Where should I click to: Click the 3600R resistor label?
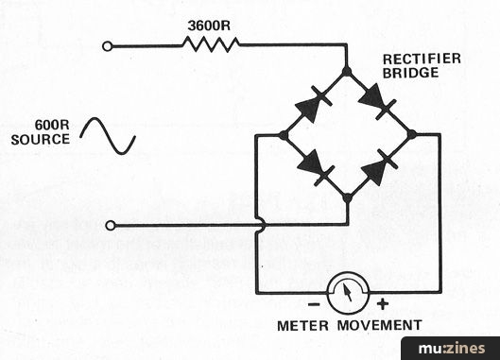pyautogui.click(x=209, y=26)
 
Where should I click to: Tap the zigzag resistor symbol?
pyautogui.click(x=211, y=44)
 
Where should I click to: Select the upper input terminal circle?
pyautogui.click(x=108, y=46)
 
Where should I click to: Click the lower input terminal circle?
pyautogui.click(x=111, y=226)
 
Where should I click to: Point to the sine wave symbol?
pyautogui.click(x=108, y=136)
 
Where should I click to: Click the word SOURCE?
pyautogui.click(x=41, y=140)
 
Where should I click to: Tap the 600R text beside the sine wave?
pyautogui.click(x=52, y=125)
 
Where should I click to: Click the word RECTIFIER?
pyautogui.click(x=422, y=59)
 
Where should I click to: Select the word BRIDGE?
pyautogui.click(x=411, y=73)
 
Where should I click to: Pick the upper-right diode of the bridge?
pyautogui.click(x=378, y=101)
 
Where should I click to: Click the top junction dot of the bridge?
pyautogui.click(x=347, y=72)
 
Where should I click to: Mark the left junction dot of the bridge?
pyautogui.click(x=284, y=135)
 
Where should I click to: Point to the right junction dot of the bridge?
pyautogui.click(x=412, y=134)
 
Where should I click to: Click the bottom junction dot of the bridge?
pyautogui.click(x=348, y=198)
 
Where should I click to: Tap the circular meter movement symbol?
pyautogui.click(x=348, y=293)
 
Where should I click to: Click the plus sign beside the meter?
pyautogui.click(x=383, y=304)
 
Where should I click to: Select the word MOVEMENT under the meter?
pyautogui.click(x=380, y=326)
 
